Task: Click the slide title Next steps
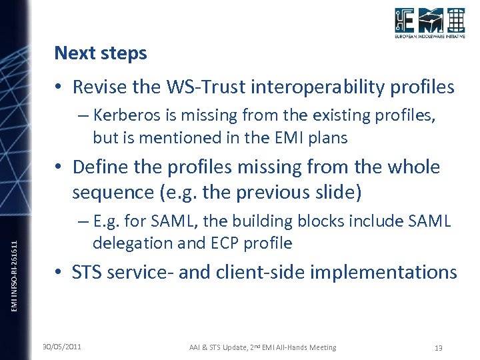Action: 100,53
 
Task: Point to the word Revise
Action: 95,87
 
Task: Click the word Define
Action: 97,167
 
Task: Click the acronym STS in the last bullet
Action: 87,272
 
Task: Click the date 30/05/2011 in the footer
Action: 62,347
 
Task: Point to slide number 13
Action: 438,348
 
